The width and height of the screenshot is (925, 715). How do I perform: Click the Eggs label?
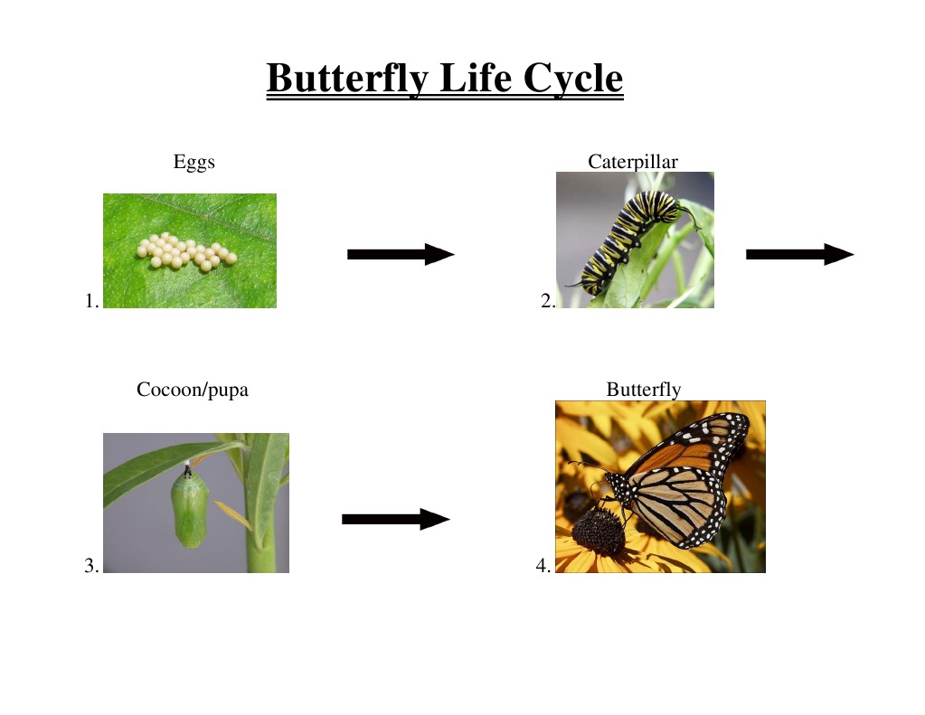point(194,162)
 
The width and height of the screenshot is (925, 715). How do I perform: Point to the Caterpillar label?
point(633,162)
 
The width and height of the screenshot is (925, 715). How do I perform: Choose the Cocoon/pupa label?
point(193,390)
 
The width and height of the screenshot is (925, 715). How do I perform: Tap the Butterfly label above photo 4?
point(644,390)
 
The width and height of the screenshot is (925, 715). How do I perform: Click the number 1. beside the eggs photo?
point(91,301)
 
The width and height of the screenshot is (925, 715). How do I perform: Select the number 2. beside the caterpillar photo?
point(547,301)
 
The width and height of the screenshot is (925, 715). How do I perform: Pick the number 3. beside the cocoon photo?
point(91,565)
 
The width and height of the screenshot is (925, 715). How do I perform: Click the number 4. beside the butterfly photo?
point(543,565)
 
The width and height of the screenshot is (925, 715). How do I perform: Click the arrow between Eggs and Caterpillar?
point(401,254)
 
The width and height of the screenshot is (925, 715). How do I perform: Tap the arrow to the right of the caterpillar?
point(800,254)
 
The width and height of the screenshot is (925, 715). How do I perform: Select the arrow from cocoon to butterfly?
point(396,519)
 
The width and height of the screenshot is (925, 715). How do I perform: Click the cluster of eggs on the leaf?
point(186,251)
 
